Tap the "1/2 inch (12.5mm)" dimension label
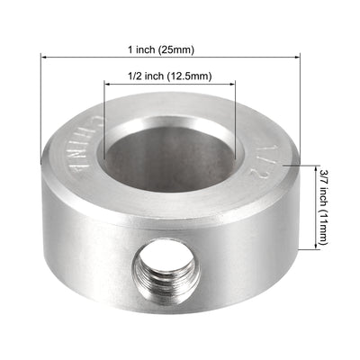coord(170,76)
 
